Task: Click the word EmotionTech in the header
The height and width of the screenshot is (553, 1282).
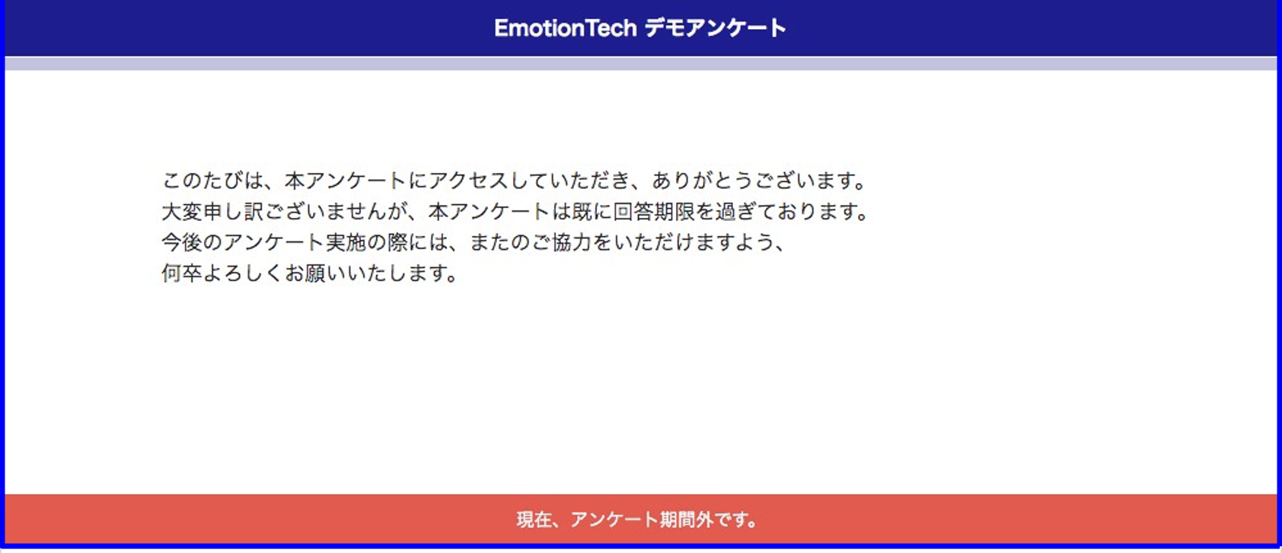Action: (x=566, y=28)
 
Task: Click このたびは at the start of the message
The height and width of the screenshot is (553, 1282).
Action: (x=213, y=181)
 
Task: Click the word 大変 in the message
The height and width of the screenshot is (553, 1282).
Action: (x=182, y=212)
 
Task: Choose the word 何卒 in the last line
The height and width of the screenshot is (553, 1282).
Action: (x=182, y=273)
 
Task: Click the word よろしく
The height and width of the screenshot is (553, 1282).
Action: (x=244, y=273)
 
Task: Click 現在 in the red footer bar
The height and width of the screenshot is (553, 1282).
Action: (x=534, y=519)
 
